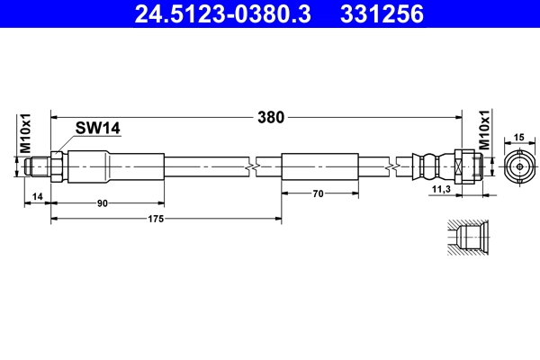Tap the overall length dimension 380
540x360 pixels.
coord(271,116)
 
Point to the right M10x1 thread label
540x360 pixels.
coord(485,131)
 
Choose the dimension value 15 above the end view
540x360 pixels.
coord(517,137)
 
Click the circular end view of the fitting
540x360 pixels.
coord(517,167)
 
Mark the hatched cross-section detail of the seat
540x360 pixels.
coord(466,239)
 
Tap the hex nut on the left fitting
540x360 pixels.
coord(57,166)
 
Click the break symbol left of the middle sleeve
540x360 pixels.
coord(256,166)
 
